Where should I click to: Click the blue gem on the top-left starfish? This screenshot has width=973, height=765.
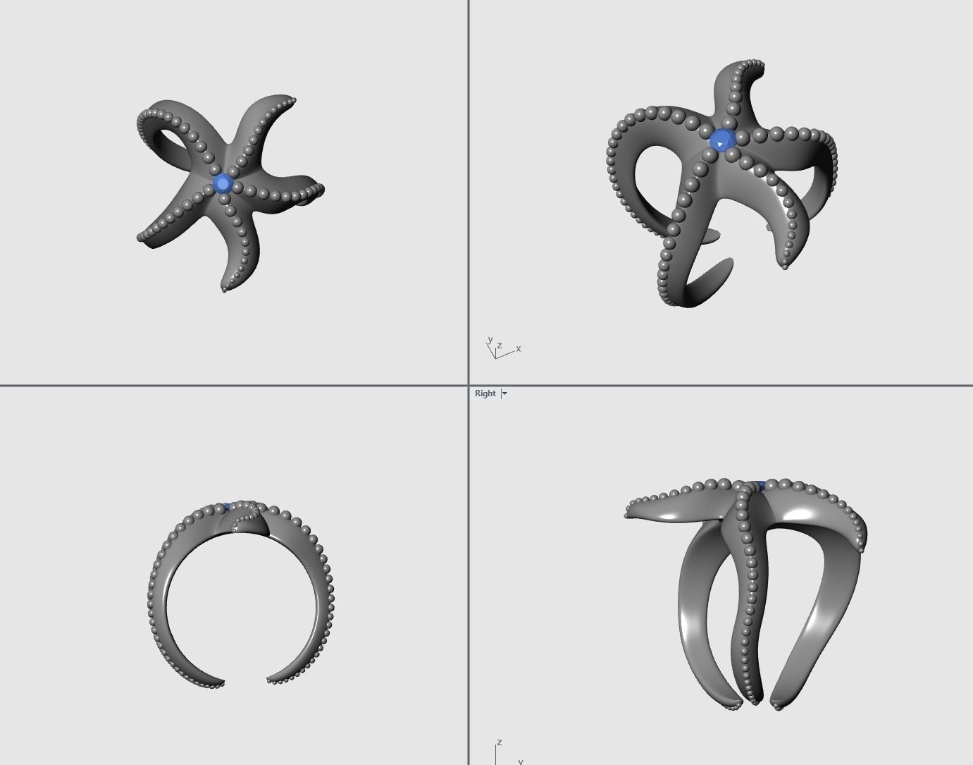coord(223,184)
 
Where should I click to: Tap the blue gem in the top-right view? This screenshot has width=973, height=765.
coord(722,140)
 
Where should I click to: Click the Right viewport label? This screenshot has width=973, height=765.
coord(485,393)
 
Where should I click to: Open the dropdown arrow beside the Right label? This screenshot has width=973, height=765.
coord(504,393)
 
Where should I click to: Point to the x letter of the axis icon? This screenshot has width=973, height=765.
coord(519,348)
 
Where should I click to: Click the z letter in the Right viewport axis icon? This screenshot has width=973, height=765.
coord(499,742)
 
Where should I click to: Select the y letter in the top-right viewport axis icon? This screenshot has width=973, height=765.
coord(489,340)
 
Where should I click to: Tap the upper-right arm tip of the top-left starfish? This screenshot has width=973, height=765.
coord(292,101)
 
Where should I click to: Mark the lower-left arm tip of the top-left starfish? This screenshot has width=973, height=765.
coord(140,238)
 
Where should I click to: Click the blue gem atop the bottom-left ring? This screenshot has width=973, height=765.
coord(227,506)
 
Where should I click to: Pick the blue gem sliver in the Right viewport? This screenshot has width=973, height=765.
coord(760,485)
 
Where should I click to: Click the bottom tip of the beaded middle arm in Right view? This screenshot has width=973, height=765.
coord(754,701)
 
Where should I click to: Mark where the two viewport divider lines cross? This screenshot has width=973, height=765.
coord(469,386)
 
